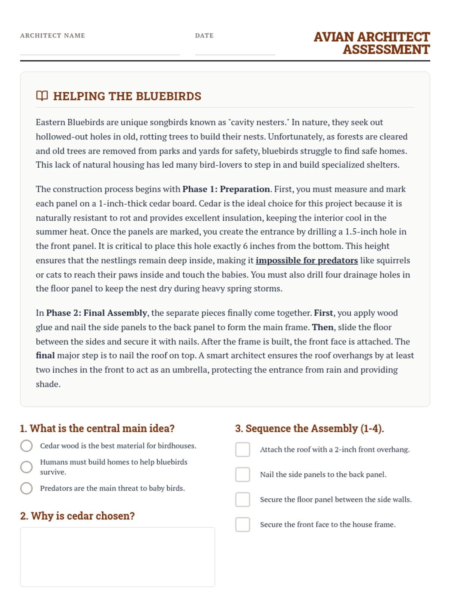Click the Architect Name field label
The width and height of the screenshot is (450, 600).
(x=52, y=36)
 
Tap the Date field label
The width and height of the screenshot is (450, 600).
(x=204, y=36)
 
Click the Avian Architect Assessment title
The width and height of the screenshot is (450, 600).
(x=372, y=43)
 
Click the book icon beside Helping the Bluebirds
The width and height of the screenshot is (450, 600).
(x=42, y=96)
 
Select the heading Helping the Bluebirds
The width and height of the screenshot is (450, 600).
(x=127, y=96)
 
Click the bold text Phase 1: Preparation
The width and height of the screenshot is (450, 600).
(x=226, y=189)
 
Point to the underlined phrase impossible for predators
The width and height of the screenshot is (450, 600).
(x=306, y=260)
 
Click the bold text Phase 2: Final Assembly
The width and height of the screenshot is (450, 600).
(x=96, y=313)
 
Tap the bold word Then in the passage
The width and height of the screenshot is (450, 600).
(x=322, y=327)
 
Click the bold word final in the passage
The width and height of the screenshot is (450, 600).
(x=45, y=355)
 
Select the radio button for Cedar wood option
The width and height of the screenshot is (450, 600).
(x=26, y=446)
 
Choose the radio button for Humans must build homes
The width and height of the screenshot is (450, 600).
(x=26, y=467)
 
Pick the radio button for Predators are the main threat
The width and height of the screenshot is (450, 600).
(x=26, y=488)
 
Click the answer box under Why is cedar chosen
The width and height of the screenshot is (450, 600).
(x=117, y=557)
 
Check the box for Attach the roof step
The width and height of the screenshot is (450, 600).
(x=243, y=449)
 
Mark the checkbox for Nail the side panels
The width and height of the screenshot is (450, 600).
(x=243, y=474)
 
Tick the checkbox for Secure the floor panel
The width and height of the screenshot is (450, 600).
(x=243, y=499)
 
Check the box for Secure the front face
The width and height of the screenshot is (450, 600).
(x=243, y=525)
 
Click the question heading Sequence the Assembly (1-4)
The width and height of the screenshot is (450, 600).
(x=309, y=428)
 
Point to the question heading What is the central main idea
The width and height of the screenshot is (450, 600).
(x=97, y=428)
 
